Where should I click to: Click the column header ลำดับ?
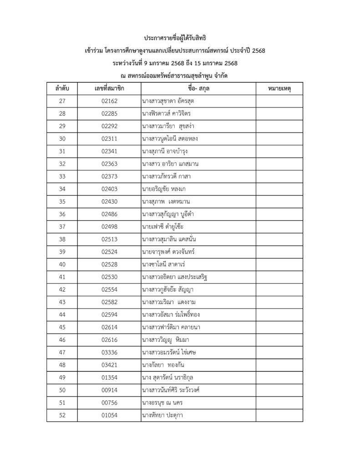pyautogui.click(x=62, y=88)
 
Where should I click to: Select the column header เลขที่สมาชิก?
pyautogui.click(x=110, y=88)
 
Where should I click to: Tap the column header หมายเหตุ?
pyautogui.click(x=279, y=88)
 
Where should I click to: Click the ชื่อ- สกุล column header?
pyautogui.click(x=198, y=88)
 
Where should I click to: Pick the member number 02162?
pyautogui.click(x=110, y=101)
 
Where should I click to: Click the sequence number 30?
pyautogui.click(x=62, y=138)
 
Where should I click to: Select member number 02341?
pyautogui.click(x=110, y=151)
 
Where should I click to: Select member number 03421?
pyautogui.click(x=110, y=365)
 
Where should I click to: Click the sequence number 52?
pyautogui.click(x=62, y=415)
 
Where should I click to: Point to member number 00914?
pyautogui.click(x=110, y=390)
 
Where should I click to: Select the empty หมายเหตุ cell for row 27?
pyautogui.click(x=279, y=101)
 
